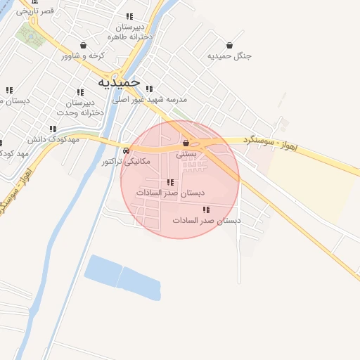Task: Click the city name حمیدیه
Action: click(x=115, y=82)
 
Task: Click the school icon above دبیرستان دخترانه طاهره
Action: click(x=129, y=16)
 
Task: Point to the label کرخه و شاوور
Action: click(x=82, y=55)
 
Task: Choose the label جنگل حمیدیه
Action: click(x=230, y=56)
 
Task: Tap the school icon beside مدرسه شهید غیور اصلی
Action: click(x=149, y=89)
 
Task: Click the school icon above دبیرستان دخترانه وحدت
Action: click(x=79, y=92)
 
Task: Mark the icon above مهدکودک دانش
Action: click(x=53, y=129)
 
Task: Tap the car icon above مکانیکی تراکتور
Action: click(x=125, y=150)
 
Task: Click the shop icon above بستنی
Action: click(x=186, y=143)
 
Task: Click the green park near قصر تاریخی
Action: click(x=31, y=34)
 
